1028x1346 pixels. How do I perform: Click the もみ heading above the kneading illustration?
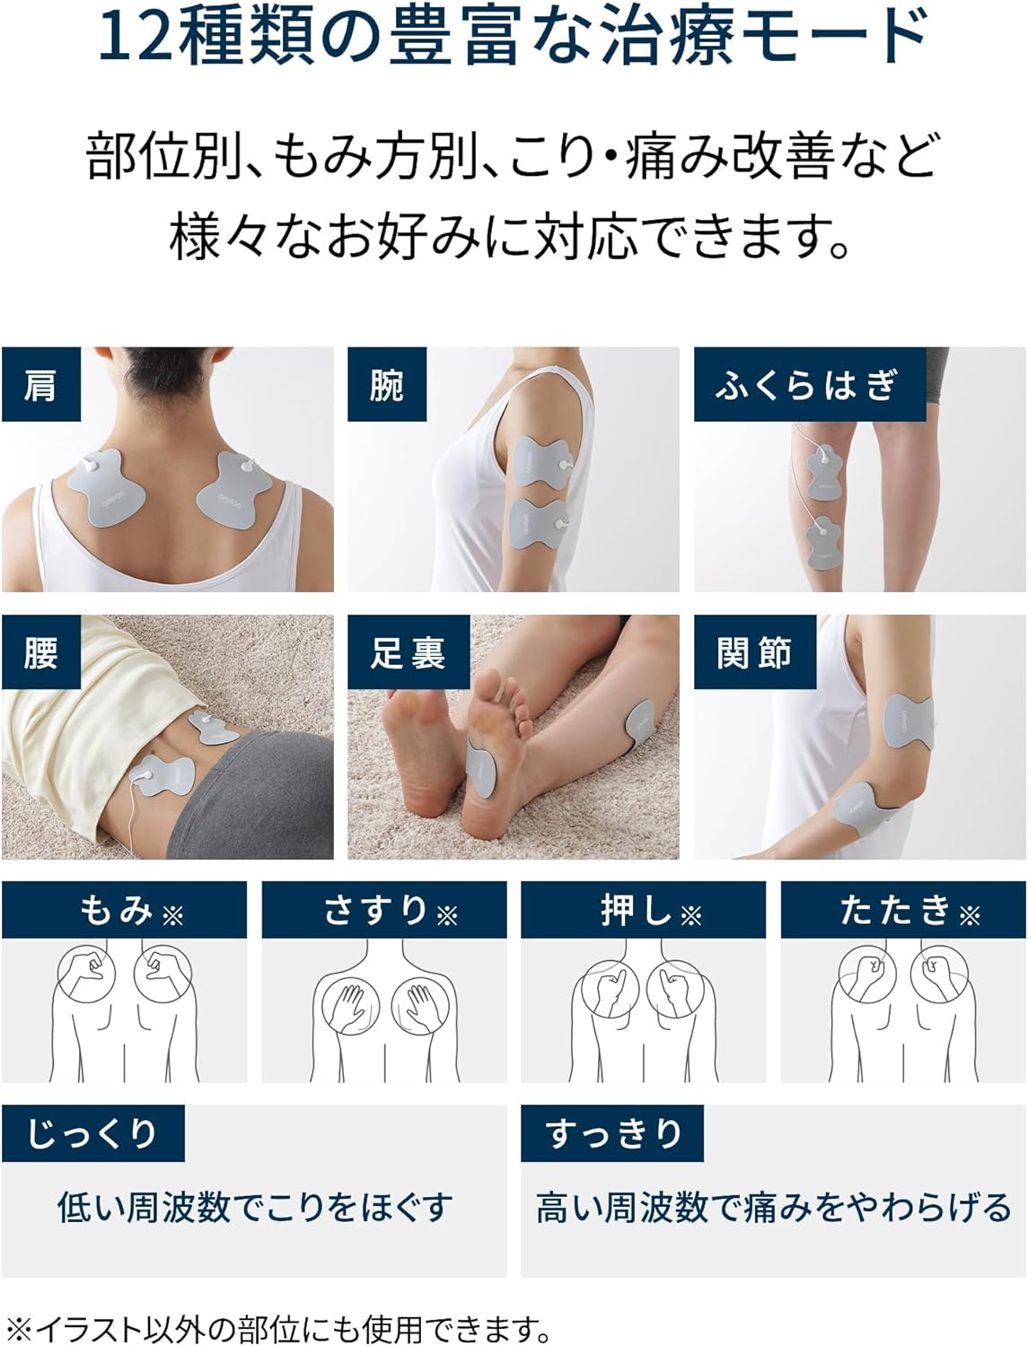[117, 910]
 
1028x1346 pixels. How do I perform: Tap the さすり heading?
[375, 910]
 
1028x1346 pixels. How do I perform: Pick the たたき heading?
[895, 910]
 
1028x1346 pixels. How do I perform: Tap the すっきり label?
[612, 1133]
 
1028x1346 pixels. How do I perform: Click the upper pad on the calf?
[824, 471]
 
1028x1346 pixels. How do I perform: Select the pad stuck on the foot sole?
[481, 768]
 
